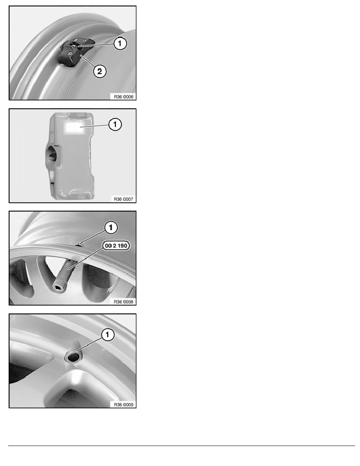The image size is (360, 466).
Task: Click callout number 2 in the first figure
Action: pyautogui.click(x=100, y=71)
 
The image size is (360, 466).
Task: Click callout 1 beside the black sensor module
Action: pyautogui.click(x=120, y=44)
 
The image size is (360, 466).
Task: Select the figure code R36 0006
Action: pyautogui.click(x=124, y=96)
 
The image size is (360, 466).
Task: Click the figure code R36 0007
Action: pyautogui.click(x=124, y=199)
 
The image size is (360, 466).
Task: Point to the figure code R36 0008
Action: pyautogui.click(x=124, y=302)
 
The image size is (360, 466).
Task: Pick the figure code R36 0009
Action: pyautogui.click(x=124, y=404)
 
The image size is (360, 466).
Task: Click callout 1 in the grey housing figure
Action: pyautogui.click(x=115, y=124)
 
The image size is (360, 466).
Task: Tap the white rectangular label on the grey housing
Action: pyautogui.click(x=73, y=127)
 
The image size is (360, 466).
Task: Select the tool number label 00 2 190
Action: pyautogui.click(x=116, y=246)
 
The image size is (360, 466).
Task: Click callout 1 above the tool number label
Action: pyautogui.click(x=111, y=228)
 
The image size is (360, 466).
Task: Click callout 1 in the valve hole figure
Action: pyautogui.click(x=107, y=335)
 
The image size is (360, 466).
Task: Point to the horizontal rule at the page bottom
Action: pyautogui.click(x=182, y=446)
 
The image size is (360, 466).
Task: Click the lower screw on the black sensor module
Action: pyautogui.click(x=69, y=53)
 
